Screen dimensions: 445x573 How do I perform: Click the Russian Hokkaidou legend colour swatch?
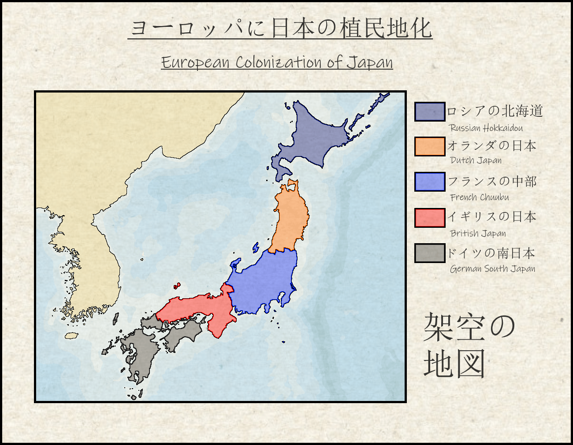coord(430,111)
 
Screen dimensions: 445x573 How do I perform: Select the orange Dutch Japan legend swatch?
coord(430,147)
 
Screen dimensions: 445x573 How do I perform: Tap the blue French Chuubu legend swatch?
coord(430,182)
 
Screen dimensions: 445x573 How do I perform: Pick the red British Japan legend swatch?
coord(430,218)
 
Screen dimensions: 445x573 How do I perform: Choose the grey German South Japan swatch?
coord(430,253)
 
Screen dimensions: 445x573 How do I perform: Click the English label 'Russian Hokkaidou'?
coord(486,128)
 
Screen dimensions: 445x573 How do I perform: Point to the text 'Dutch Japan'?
coord(476,160)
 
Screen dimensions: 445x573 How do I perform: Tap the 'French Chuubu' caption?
coord(480,197)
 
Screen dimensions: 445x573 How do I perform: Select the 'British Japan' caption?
coord(478,234)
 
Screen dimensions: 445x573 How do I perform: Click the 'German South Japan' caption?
coord(493,269)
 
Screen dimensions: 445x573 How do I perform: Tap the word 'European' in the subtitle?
coord(195,63)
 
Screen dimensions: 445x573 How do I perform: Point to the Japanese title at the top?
coord(280,28)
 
